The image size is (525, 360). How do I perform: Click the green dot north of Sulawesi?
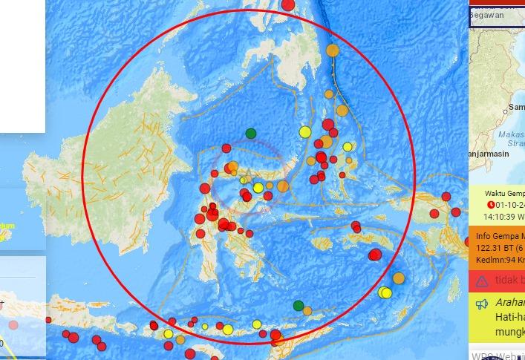click(x=251, y=134)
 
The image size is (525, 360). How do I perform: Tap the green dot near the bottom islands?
click(x=299, y=305)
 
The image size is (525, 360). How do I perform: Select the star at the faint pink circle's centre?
click(x=246, y=177)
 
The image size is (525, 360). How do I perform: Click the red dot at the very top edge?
click(x=289, y=6)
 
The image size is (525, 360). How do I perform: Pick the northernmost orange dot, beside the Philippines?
click(x=333, y=50)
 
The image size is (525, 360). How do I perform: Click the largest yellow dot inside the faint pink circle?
click(x=258, y=188)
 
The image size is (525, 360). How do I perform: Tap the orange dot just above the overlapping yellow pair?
click(x=399, y=278)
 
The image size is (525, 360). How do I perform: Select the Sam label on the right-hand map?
click(x=516, y=107)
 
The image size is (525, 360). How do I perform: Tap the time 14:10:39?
click(x=501, y=217)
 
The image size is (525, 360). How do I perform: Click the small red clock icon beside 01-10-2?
click(x=490, y=206)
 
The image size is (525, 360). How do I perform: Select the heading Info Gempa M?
click(x=500, y=238)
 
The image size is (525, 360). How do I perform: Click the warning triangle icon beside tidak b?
click(x=483, y=281)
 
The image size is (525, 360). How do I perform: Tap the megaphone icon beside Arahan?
click(x=482, y=304)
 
